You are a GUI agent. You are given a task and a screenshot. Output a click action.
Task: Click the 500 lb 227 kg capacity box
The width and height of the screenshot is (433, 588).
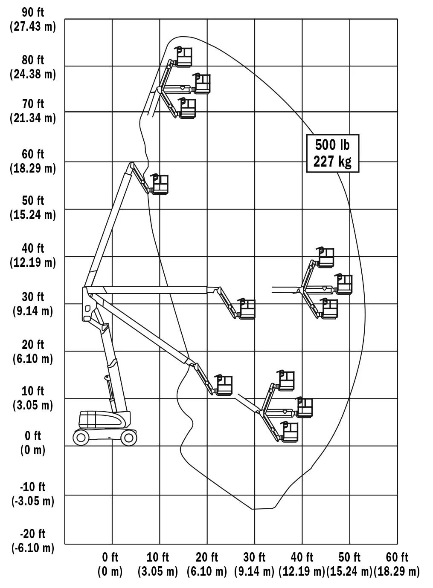pyautogui.click(x=333, y=153)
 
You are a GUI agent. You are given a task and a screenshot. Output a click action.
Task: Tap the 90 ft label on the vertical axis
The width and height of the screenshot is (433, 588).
pyautogui.click(x=33, y=12)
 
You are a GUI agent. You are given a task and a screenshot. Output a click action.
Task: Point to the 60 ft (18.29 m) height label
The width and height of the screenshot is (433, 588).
pyautogui.click(x=33, y=161)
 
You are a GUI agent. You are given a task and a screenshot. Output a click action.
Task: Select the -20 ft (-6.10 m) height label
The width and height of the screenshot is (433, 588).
pyautogui.click(x=33, y=541)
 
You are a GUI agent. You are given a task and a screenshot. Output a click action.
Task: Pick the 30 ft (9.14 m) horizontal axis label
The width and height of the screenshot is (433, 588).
pyautogui.click(x=254, y=565)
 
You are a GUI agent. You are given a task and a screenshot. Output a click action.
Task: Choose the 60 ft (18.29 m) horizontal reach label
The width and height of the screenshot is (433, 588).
pyautogui.click(x=397, y=565)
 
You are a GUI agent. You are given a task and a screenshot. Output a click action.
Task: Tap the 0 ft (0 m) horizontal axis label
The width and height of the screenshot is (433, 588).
pyautogui.click(x=110, y=565)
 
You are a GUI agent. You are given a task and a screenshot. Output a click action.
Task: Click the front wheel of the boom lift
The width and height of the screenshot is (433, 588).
pyautogui.click(x=129, y=438)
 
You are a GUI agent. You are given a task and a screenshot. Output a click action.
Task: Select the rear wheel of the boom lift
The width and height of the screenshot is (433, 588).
pyautogui.click(x=81, y=438)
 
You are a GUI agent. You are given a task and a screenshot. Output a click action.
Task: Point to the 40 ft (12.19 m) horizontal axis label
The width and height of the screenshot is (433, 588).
pyautogui.click(x=302, y=565)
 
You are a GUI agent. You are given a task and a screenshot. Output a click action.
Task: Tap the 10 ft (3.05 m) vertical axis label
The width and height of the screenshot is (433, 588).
pyautogui.click(x=33, y=398)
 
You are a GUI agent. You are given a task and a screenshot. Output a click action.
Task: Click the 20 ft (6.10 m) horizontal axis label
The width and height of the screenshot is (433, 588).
pyautogui.click(x=207, y=565)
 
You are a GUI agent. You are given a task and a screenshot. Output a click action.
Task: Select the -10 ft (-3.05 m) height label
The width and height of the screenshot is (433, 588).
pyautogui.click(x=33, y=494)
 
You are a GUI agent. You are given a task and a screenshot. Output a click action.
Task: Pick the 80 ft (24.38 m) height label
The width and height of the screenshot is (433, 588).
pyautogui.click(x=33, y=67)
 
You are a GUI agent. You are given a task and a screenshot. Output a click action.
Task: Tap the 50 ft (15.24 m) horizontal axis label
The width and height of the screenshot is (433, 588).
pyautogui.click(x=349, y=565)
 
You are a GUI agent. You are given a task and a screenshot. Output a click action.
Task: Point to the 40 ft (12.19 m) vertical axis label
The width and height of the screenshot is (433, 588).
pyautogui.click(x=33, y=255)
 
